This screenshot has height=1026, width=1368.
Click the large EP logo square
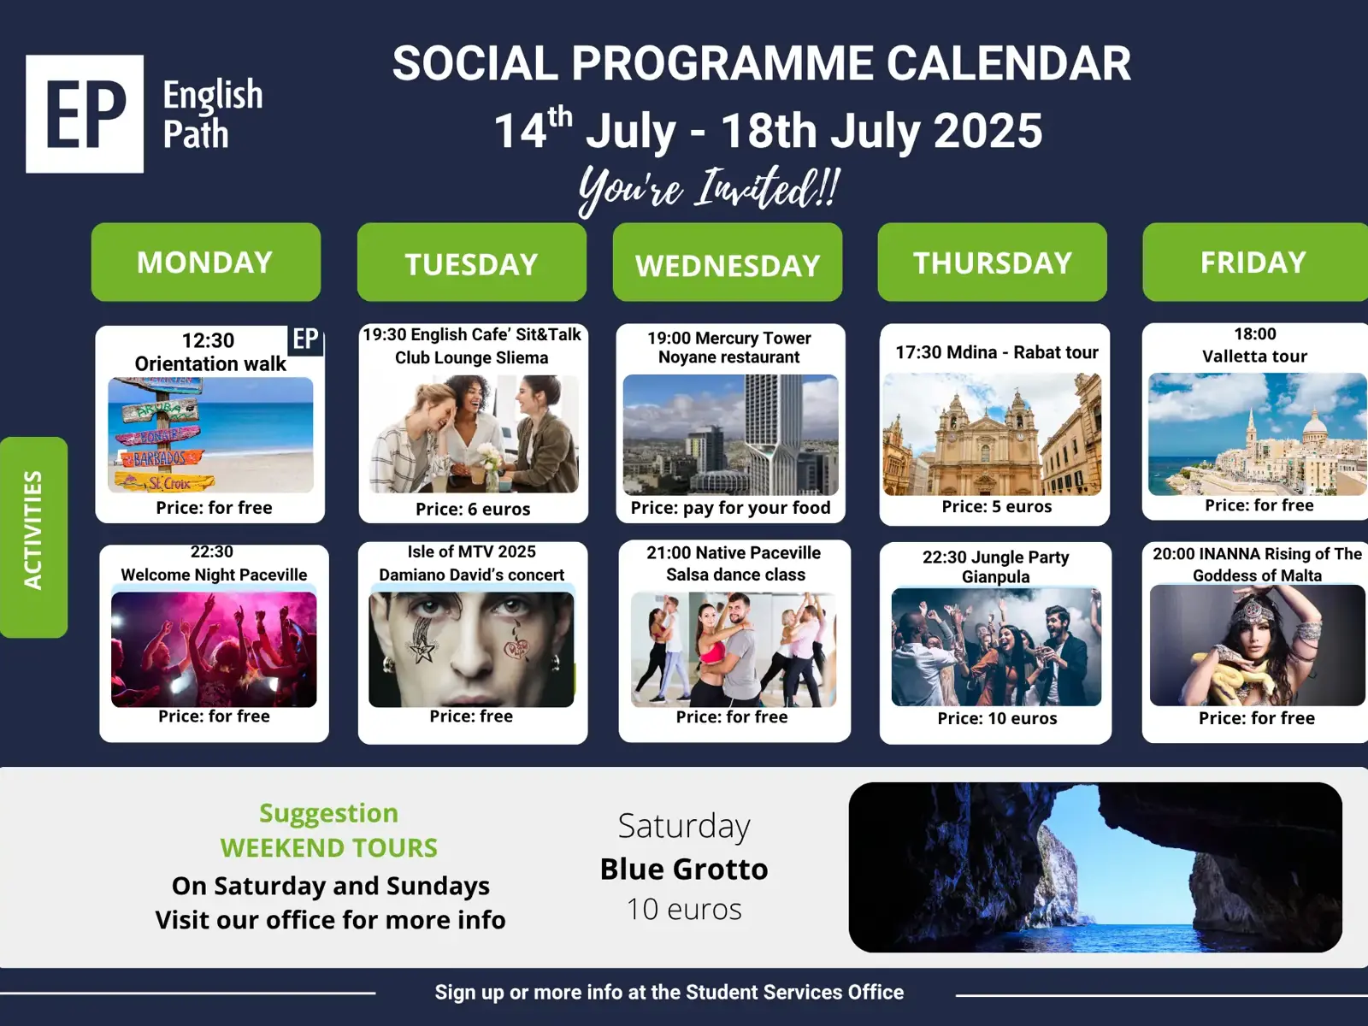(x=85, y=114)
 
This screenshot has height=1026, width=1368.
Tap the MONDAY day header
(x=206, y=262)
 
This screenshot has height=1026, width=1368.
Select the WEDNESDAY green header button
(x=728, y=262)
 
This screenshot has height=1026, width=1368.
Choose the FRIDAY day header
(x=1254, y=262)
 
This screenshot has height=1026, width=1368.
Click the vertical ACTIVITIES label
(x=33, y=537)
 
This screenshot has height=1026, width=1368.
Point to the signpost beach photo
(x=210, y=435)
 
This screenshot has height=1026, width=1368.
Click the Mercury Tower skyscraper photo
(x=730, y=435)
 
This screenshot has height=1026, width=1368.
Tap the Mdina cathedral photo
(x=992, y=434)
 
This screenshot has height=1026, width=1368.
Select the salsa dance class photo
(x=734, y=650)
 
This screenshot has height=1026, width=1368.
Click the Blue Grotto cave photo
(x=1095, y=867)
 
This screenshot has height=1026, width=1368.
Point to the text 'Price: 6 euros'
(x=473, y=509)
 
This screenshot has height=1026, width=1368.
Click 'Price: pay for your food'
(x=730, y=508)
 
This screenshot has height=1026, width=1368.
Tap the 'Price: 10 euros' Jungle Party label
(x=997, y=718)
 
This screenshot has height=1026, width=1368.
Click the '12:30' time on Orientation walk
(x=208, y=341)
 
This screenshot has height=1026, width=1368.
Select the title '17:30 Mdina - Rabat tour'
(x=997, y=352)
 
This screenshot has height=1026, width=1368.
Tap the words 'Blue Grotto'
(x=684, y=869)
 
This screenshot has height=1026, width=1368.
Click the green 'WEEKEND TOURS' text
(x=329, y=848)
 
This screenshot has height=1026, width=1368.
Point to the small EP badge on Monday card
(x=305, y=339)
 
